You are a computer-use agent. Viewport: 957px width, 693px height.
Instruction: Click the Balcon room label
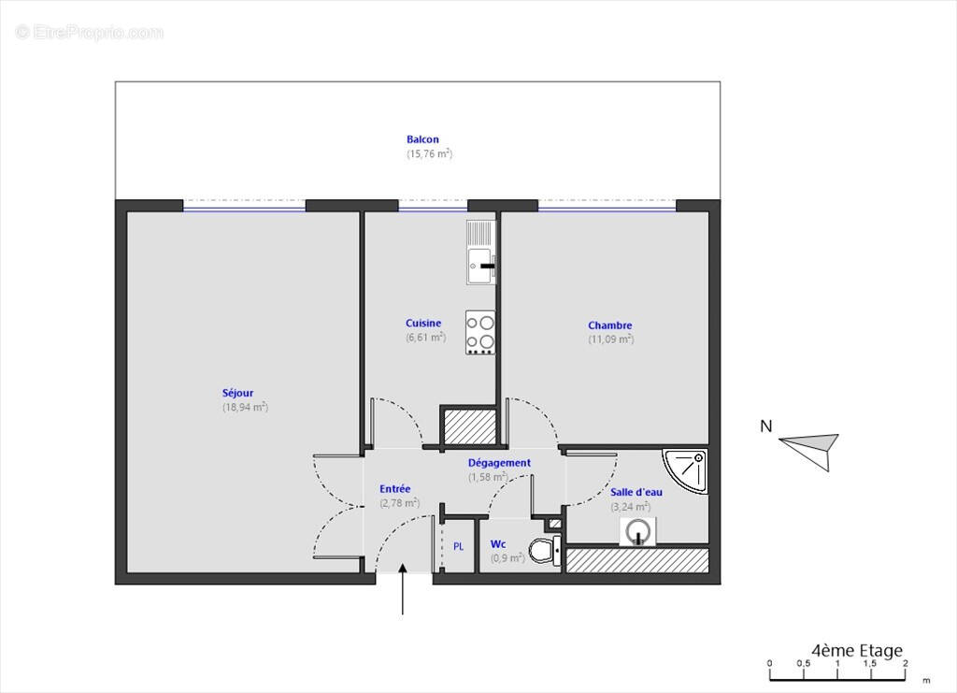422,139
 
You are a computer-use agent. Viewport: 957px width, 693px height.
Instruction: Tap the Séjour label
237,393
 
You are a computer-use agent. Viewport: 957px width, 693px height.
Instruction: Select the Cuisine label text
423,324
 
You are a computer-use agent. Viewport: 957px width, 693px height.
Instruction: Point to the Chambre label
610,325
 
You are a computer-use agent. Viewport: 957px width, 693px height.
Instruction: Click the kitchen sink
480,253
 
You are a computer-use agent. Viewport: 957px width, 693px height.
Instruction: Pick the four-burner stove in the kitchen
480,332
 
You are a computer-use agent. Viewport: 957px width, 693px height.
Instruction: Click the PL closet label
459,546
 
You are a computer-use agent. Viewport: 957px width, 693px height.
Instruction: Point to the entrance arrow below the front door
403,589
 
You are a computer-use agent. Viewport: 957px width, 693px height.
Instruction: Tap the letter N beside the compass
766,427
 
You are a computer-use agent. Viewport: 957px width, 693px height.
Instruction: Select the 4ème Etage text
858,651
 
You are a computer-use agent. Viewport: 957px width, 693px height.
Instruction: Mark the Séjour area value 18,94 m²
245,407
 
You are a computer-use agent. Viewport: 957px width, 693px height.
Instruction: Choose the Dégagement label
499,462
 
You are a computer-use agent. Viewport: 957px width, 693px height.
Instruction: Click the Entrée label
394,488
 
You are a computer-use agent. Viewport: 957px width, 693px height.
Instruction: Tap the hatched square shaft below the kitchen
467,426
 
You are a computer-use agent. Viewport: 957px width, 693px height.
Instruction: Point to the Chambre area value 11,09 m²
610,339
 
